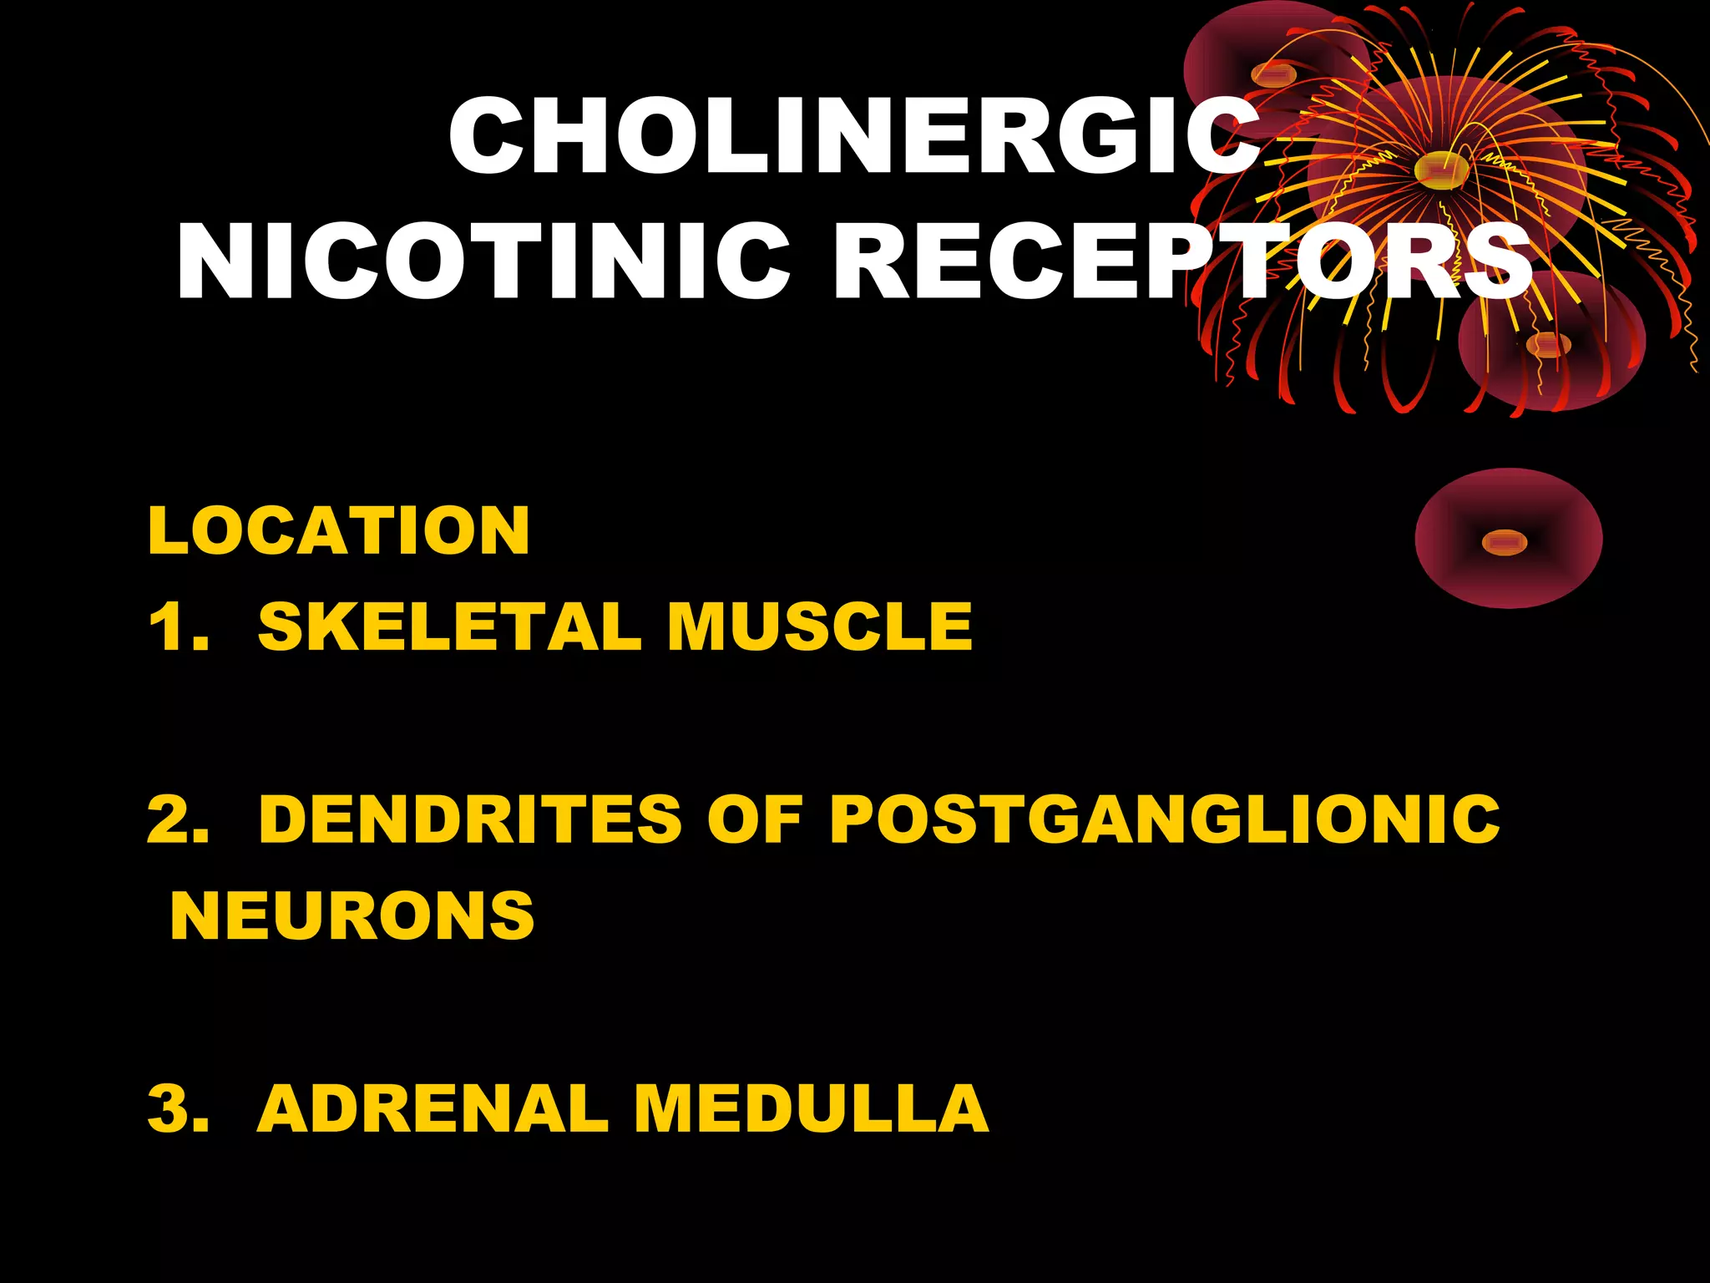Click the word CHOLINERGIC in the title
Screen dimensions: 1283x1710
pos(853,135)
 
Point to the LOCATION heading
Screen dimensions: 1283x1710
pos(338,530)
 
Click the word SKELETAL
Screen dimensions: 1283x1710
pos(449,626)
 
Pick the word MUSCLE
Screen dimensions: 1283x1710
pos(819,626)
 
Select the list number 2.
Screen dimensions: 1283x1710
pos(175,819)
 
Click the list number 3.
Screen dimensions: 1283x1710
pos(175,1108)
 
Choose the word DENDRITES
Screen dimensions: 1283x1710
pos(470,819)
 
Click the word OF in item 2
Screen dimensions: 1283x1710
pos(754,819)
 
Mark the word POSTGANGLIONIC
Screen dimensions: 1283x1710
pos(1164,819)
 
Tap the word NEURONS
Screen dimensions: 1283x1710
pos(352,916)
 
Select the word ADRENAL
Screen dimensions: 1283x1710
pos(433,1108)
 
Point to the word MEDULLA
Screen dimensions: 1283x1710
pos(811,1108)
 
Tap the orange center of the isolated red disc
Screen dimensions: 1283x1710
pos(1504,543)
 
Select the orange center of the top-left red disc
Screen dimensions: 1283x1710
pos(1273,75)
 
